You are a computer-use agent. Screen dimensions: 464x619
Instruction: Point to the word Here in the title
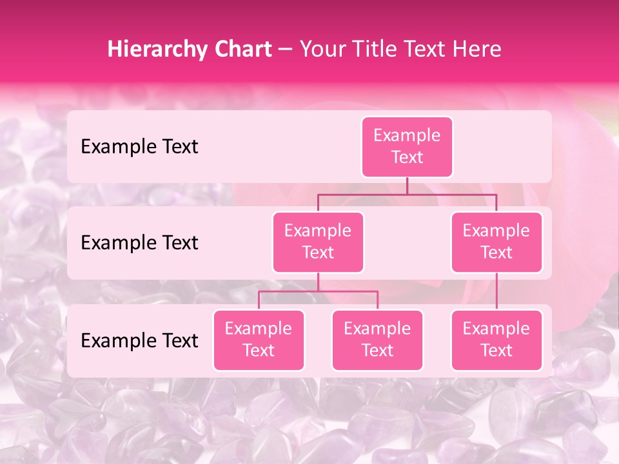point(476,50)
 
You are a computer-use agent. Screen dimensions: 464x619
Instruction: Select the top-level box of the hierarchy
point(407,147)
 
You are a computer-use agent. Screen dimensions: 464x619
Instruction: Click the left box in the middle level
point(318,242)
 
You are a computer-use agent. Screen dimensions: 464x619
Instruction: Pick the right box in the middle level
point(496,242)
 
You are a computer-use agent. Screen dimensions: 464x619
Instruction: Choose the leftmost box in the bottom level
point(259,340)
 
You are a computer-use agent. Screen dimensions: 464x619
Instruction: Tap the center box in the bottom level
point(377,340)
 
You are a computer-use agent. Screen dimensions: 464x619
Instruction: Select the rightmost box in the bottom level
point(496,340)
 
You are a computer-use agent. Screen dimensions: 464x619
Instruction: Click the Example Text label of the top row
point(139,147)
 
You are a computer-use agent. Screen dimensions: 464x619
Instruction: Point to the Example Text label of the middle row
point(139,243)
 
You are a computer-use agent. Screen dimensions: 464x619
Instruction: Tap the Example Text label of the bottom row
point(139,340)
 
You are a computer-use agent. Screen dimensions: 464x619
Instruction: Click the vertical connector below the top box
point(407,186)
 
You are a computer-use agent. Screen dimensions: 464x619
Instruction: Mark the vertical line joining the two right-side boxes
point(496,291)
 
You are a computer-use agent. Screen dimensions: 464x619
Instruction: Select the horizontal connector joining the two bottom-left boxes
point(318,291)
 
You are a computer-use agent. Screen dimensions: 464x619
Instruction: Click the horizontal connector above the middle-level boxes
point(407,194)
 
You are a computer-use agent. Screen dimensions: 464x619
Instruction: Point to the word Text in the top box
point(407,158)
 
